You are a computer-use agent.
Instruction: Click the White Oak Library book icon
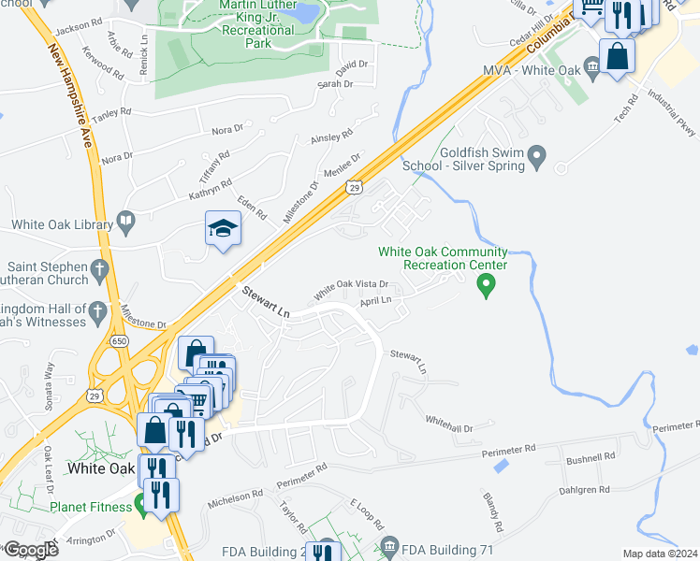[126, 223]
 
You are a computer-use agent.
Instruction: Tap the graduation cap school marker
[224, 229]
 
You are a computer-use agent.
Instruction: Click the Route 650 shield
[119, 341]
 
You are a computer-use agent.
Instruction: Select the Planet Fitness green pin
[142, 505]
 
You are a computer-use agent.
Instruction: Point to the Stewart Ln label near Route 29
[267, 305]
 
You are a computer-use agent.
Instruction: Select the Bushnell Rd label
[591, 457]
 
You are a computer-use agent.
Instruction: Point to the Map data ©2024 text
[660, 554]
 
